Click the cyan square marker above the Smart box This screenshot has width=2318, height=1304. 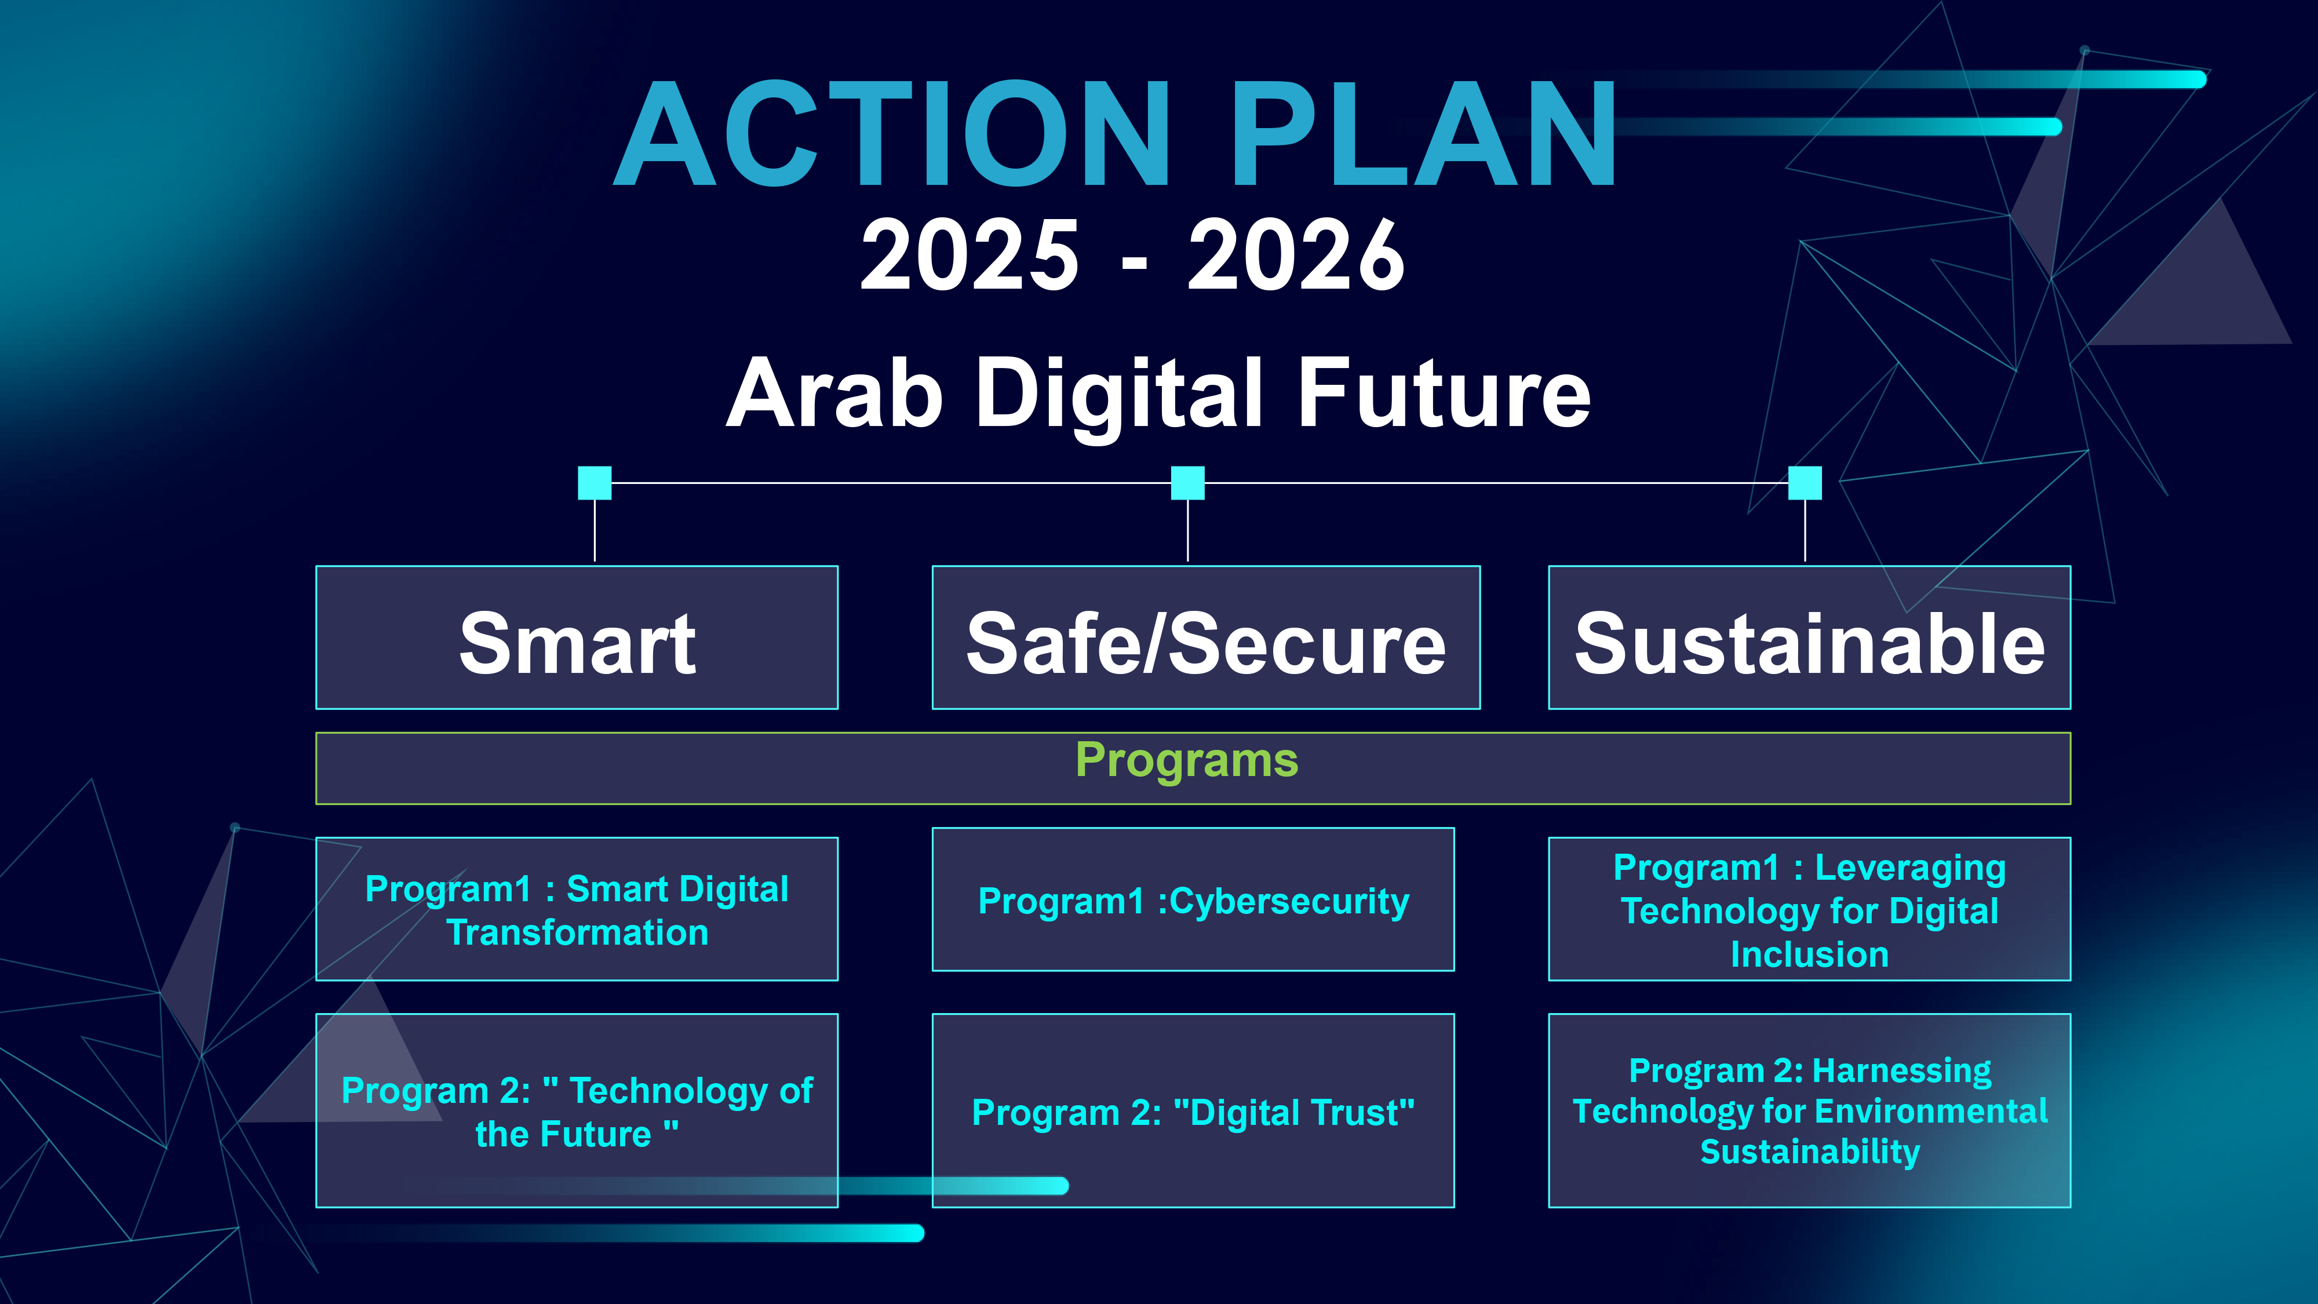point(595,482)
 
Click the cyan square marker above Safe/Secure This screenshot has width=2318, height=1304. point(1188,482)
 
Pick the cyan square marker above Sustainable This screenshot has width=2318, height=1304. point(1805,482)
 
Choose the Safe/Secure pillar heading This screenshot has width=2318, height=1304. point(1206,643)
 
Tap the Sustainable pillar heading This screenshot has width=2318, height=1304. point(1810,643)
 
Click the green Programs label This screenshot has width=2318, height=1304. point(1187,760)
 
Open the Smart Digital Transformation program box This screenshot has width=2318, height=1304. point(577,909)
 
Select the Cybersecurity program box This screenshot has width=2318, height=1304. point(1193,899)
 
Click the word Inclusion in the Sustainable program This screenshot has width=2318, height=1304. point(1810,954)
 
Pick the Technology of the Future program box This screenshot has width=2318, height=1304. point(577,1110)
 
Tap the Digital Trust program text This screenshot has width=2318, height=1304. point(1193,1112)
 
